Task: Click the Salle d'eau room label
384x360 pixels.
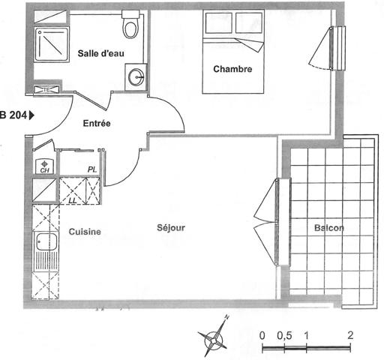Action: click(100, 53)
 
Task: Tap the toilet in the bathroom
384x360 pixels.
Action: click(130, 24)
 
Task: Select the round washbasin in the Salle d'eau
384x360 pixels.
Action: click(136, 76)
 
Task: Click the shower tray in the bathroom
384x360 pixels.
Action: click(52, 44)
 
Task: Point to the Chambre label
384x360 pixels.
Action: click(232, 69)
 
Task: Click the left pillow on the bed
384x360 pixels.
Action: click(219, 23)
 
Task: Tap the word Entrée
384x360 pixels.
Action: click(97, 123)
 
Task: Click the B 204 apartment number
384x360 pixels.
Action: click(13, 115)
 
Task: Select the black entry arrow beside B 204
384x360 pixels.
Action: click(31, 115)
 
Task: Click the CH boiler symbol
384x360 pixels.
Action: click(44, 166)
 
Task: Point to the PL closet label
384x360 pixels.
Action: click(92, 169)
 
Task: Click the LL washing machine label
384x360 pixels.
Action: click(73, 200)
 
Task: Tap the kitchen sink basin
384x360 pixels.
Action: click(46, 241)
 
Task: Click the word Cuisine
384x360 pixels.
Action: click(85, 232)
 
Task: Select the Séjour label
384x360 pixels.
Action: click(171, 228)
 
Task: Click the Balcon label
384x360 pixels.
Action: click(329, 228)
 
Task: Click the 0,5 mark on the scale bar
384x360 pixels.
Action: click(284, 335)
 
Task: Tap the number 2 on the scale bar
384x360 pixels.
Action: click(350, 335)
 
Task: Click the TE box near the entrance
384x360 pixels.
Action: click(46, 89)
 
